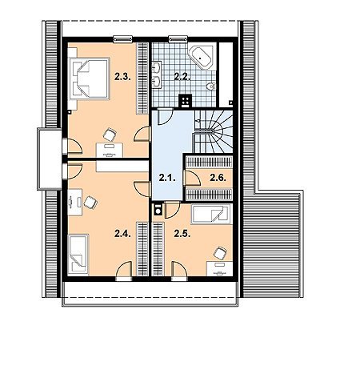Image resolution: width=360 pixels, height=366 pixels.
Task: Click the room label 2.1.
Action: tap(167, 178)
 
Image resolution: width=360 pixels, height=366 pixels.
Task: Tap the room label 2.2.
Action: tap(182, 77)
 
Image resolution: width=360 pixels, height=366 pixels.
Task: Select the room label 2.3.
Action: tap(122, 77)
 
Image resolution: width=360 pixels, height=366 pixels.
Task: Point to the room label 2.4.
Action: tap(122, 234)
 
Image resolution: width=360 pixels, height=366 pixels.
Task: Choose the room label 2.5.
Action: tap(182, 234)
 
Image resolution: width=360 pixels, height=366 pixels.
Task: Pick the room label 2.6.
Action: tap(218, 178)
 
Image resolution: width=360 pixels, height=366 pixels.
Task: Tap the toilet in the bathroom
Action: tap(211, 86)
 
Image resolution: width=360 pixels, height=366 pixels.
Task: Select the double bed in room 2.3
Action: tap(90, 78)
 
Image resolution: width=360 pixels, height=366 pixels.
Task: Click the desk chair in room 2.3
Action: tap(110, 135)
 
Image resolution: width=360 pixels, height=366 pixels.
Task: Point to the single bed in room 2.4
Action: tap(78, 254)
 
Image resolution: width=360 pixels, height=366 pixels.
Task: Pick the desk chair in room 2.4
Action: tap(90, 203)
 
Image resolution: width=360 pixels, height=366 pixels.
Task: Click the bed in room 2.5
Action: tap(210, 215)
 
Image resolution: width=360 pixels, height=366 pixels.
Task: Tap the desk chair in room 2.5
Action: tap(220, 253)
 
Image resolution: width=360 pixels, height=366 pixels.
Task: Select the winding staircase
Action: tap(213, 131)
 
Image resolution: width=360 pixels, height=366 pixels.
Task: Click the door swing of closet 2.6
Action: tap(192, 178)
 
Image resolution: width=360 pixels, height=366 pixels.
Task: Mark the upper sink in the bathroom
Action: tap(156, 67)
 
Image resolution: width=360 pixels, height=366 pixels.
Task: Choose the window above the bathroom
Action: tap(178, 39)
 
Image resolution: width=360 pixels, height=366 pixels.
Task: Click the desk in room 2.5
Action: tap(220, 268)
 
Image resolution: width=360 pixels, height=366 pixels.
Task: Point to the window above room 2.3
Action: tap(122, 39)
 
